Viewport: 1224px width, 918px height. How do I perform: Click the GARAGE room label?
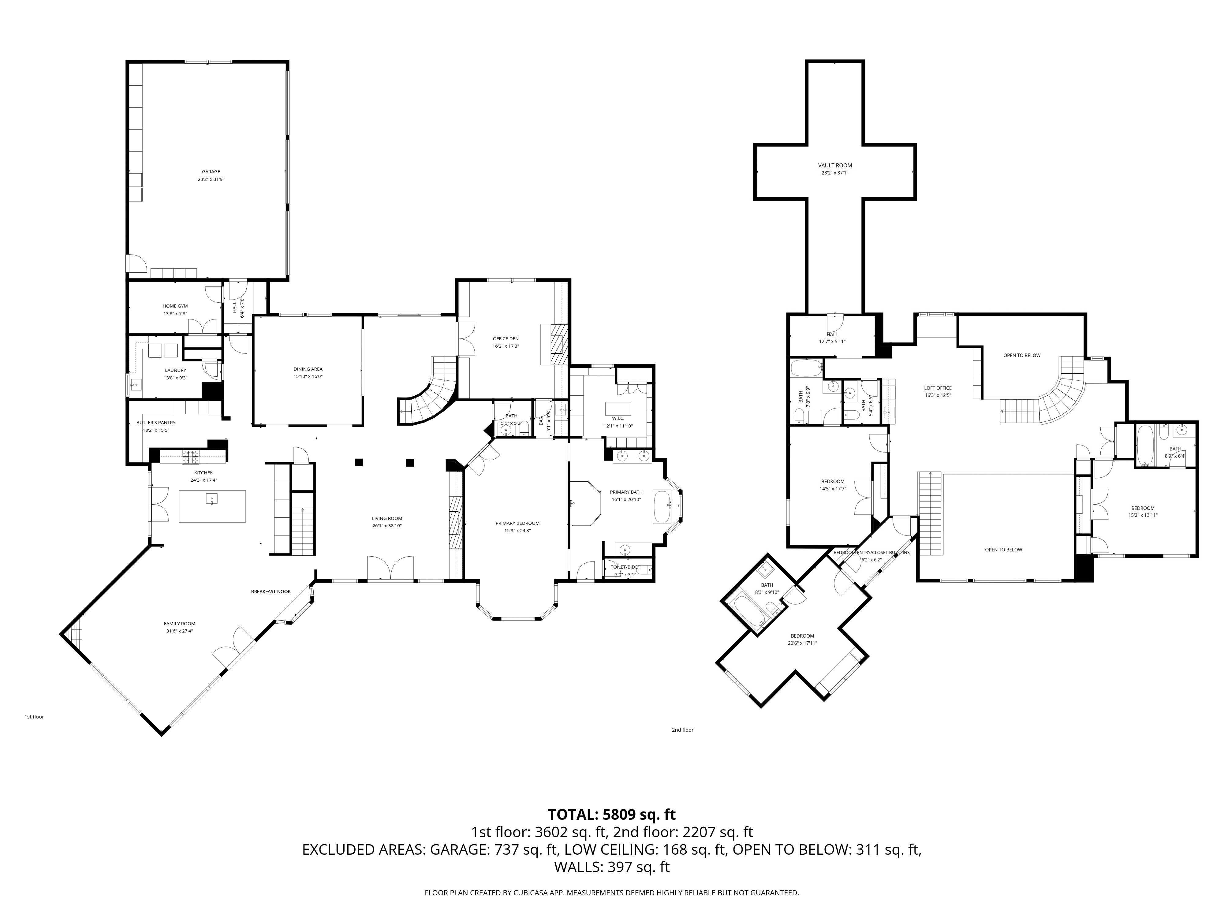[211, 172]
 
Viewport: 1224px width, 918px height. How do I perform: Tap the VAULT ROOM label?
[835, 166]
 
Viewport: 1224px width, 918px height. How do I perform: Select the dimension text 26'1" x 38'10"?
[387, 526]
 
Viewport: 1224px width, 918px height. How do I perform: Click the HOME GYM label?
[175, 306]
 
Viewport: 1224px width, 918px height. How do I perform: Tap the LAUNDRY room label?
[175, 370]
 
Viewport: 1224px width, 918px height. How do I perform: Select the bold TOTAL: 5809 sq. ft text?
[611, 815]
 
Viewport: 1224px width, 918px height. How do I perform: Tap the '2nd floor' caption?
[682, 730]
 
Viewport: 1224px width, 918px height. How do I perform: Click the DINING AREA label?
[308, 369]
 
